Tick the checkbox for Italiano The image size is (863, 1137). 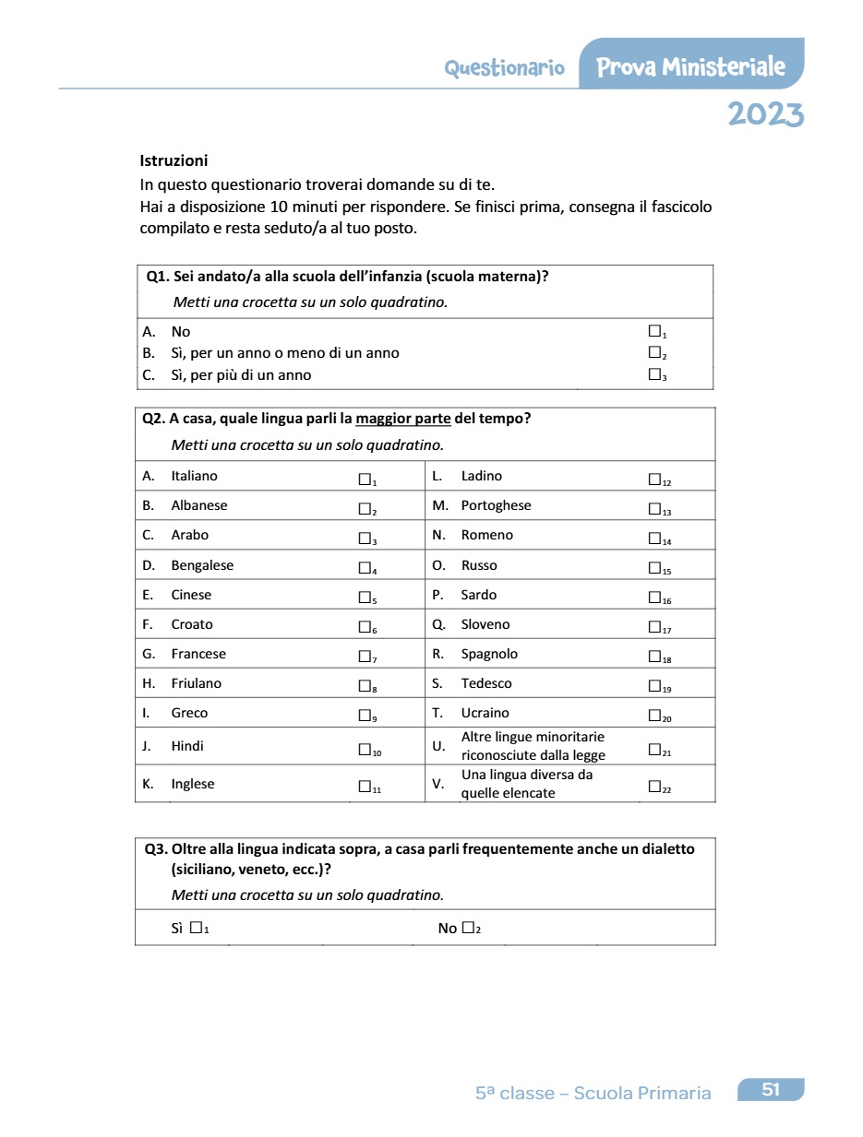point(365,479)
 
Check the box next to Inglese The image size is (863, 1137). point(365,787)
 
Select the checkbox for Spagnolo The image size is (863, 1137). point(654,657)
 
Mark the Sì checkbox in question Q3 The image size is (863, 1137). point(196,928)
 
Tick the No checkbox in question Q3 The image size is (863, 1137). point(468,928)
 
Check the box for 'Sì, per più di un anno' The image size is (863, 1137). point(654,374)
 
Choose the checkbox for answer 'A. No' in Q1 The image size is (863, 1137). point(654,330)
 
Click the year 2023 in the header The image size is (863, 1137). point(765,114)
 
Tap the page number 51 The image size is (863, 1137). point(771,1090)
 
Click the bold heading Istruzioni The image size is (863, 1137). point(174,160)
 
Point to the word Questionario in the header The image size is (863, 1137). point(504,68)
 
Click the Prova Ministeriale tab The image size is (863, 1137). point(690,67)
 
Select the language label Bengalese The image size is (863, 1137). point(202,565)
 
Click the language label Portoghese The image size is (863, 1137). point(496,505)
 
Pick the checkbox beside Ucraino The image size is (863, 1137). point(654,716)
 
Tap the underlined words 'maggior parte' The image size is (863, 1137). point(403,419)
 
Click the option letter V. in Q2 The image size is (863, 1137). point(438,784)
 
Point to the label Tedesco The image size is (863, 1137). point(486,683)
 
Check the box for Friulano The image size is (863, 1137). point(365,686)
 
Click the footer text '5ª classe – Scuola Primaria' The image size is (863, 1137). point(593,1094)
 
